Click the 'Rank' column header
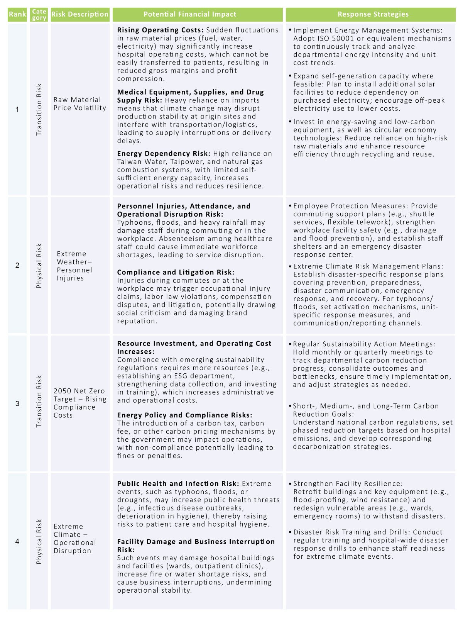(x=17, y=14)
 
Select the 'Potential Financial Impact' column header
(x=190, y=14)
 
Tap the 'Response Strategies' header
(x=373, y=14)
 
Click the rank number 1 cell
(x=17, y=110)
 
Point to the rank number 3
(x=17, y=403)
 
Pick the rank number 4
(x=17, y=541)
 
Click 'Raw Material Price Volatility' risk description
(x=79, y=103)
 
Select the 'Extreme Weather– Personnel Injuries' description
(x=74, y=266)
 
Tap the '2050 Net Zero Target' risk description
(x=79, y=403)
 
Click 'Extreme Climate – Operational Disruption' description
(x=74, y=538)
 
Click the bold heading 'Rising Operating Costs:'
(x=160, y=30)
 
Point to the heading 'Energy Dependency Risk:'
(x=164, y=154)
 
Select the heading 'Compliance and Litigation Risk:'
(x=176, y=272)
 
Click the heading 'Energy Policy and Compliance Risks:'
(x=184, y=415)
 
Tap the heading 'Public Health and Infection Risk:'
(x=178, y=483)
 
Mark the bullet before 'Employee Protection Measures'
(x=290, y=206)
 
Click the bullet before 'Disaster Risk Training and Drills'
(x=290, y=532)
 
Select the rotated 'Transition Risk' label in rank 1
(x=39, y=110)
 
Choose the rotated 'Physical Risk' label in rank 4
(x=39, y=541)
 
